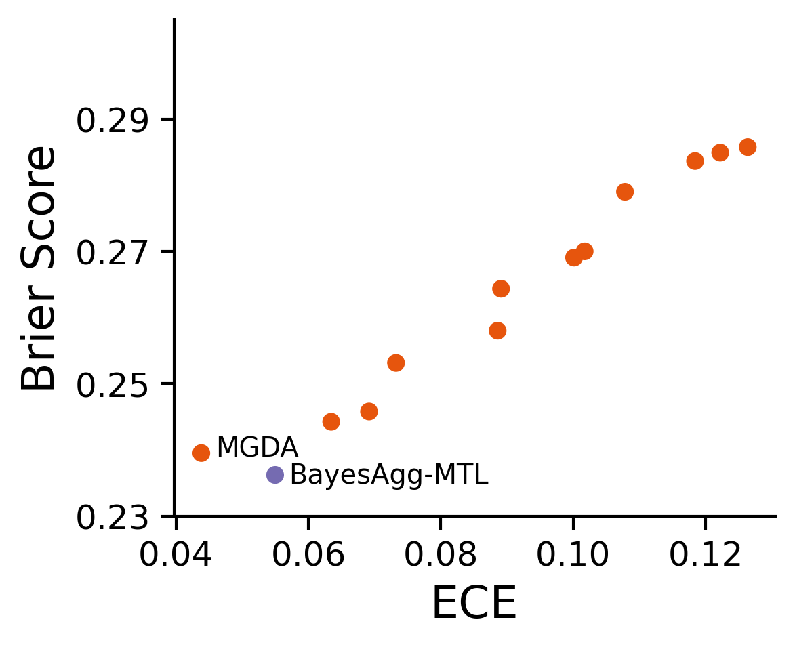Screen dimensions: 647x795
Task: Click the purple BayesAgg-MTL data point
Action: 274,474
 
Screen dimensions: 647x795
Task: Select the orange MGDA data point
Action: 201,453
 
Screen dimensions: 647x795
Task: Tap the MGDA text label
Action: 258,448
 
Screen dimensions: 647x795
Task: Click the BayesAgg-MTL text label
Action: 388,476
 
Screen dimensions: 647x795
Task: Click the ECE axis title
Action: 474,603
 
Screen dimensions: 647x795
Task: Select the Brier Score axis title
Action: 39,268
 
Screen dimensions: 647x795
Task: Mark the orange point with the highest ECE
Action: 748,147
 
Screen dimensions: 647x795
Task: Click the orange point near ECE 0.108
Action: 625,191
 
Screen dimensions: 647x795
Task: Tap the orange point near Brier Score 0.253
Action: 396,362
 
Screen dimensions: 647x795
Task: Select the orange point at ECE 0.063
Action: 331,421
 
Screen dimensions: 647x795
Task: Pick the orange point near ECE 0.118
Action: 695,161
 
